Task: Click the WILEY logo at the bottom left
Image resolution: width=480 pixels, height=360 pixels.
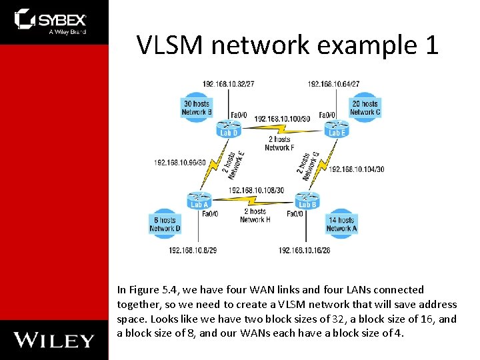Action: [x=54, y=340]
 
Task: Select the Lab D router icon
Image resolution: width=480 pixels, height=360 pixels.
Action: [x=229, y=127]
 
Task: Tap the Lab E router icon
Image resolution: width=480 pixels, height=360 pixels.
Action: [x=337, y=127]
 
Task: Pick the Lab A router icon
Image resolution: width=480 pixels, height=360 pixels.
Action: [x=199, y=199]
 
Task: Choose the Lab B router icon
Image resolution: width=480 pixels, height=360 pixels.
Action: [x=307, y=199]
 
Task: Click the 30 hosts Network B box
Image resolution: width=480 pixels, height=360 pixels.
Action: [x=196, y=107]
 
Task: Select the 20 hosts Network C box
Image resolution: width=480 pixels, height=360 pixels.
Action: [x=365, y=107]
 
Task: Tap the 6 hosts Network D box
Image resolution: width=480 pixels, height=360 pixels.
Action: [x=165, y=224]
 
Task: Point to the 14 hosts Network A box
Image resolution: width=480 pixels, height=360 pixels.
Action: [x=341, y=224]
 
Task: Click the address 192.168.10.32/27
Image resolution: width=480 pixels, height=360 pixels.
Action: [x=228, y=84]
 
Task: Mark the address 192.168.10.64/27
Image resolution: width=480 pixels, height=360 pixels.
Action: [x=333, y=84]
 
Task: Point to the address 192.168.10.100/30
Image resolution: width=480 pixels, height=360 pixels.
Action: [x=282, y=119]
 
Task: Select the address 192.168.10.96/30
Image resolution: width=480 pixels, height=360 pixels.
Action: [x=180, y=162]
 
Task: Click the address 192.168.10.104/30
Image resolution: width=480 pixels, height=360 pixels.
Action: [x=357, y=169]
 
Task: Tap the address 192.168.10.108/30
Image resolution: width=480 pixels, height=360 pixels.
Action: [x=256, y=190]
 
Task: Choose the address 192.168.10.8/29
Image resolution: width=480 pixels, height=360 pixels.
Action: [x=193, y=250]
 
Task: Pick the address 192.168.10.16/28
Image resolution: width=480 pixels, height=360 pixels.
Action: [x=305, y=250]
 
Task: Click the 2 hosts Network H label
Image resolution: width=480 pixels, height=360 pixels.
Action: [x=255, y=215]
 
